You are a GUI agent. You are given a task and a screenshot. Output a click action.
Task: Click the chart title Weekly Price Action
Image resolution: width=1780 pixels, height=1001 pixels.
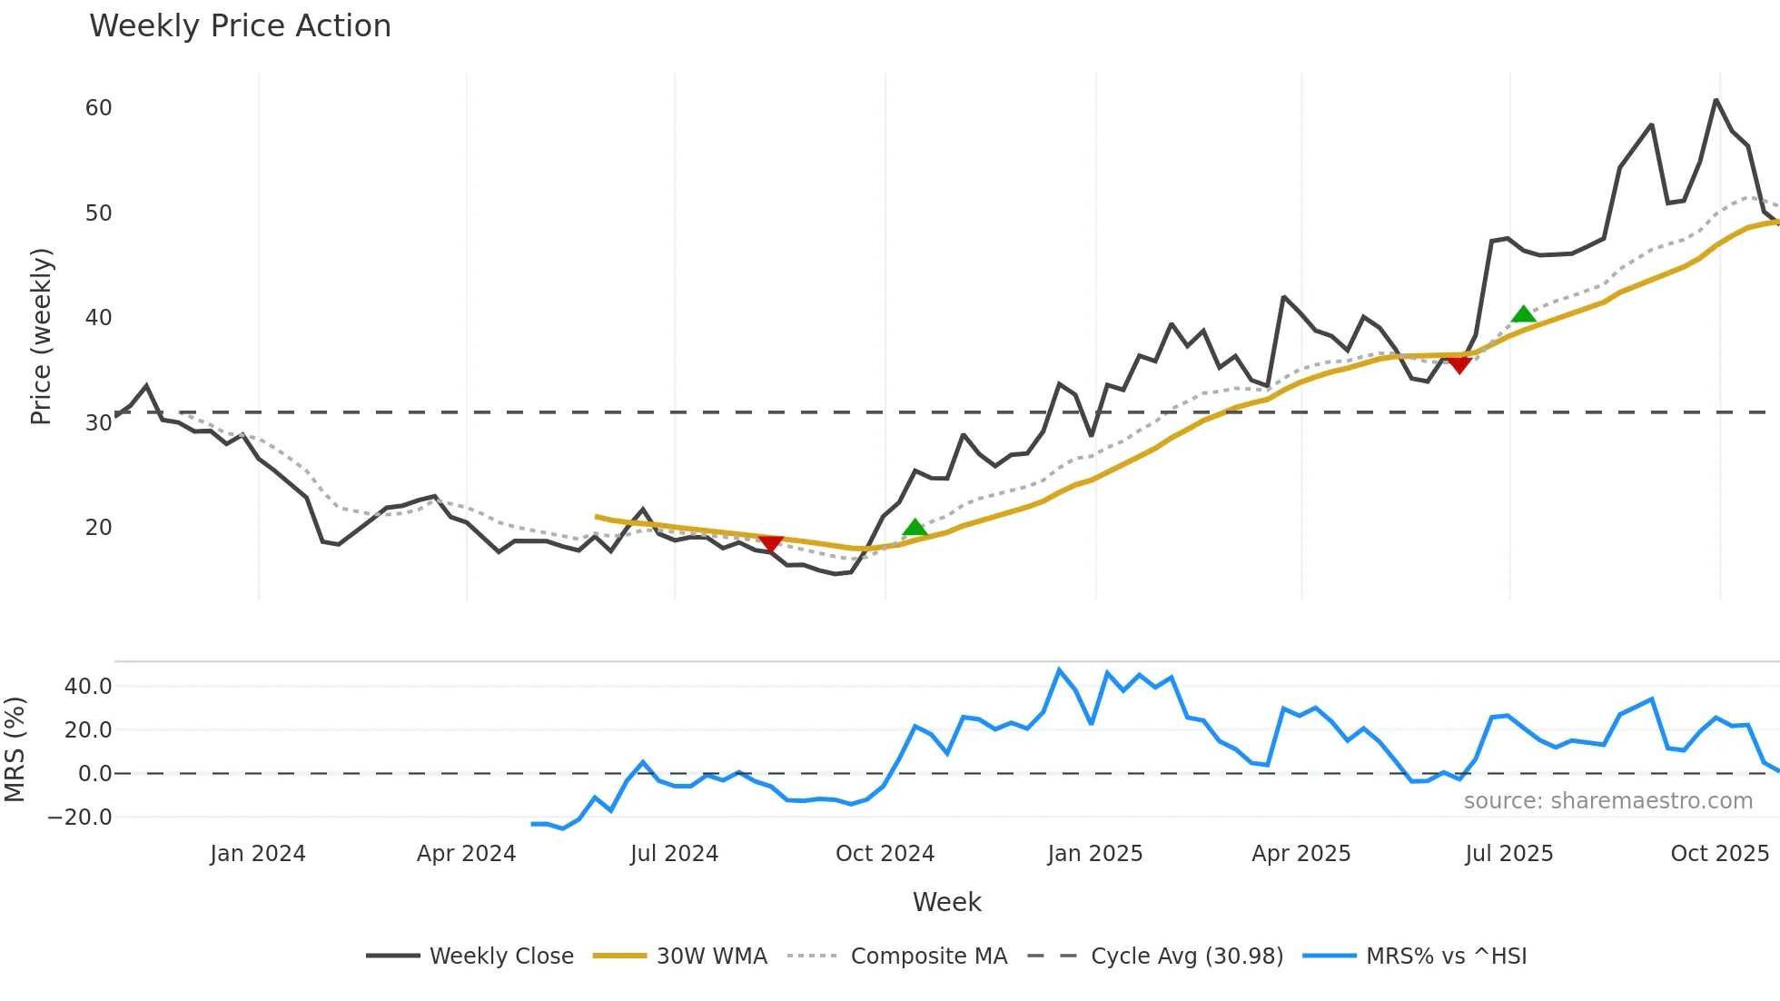point(240,26)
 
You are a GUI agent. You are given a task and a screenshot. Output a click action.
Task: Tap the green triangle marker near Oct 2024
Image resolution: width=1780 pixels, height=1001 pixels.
point(915,528)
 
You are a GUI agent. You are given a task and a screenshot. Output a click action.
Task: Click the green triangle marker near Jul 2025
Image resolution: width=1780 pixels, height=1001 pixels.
point(1523,314)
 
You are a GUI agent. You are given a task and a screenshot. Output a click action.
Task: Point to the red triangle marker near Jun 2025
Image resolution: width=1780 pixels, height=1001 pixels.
point(1459,365)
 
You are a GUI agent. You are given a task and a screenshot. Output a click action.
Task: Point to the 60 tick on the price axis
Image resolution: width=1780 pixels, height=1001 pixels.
point(99,108)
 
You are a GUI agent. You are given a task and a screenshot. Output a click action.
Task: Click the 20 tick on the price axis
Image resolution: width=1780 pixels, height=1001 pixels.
point(99,528)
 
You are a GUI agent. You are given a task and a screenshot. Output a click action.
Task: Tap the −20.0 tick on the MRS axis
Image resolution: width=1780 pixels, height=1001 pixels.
point(80,818)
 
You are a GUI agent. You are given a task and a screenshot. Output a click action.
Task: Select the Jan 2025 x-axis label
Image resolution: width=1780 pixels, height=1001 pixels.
point(1094,854)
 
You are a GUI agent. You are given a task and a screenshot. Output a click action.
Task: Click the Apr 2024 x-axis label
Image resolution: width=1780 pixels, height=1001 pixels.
point(466,854)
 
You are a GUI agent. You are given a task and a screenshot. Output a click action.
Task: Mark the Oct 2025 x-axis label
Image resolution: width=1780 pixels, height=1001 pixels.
point(1719,854)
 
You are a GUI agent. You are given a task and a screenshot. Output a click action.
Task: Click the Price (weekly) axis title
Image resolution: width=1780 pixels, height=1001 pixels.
point(42,336)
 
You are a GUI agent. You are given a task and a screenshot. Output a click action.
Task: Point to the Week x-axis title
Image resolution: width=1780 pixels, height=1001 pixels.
point(946,902)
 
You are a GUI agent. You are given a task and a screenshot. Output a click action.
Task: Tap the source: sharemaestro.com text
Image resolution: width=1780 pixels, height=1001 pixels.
point(1607,801)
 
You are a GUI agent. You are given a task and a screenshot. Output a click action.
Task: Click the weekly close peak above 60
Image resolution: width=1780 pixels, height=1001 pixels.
point(1716,100)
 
